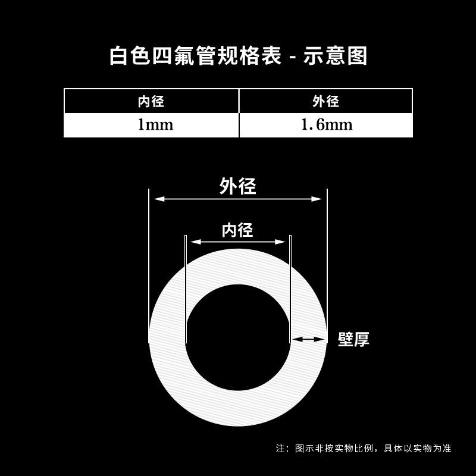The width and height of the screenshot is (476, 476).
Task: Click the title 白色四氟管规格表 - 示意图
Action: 238,55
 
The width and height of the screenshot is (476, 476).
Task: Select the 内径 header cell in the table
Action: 151,101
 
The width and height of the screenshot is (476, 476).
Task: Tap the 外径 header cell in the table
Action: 325,101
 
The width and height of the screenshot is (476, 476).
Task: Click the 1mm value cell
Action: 151,125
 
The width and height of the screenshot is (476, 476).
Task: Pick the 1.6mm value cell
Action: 325,125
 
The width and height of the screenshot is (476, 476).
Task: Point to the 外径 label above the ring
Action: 237,186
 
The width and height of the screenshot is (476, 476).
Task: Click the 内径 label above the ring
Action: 237,230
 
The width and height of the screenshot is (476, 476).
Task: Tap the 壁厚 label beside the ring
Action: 353,340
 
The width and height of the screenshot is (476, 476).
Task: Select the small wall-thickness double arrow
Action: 308,339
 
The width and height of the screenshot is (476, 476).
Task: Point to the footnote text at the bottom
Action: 364,448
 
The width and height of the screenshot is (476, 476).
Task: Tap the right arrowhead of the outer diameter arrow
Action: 319,200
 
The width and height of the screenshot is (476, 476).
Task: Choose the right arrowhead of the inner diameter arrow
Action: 283,242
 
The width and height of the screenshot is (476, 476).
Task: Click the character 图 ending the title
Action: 357,55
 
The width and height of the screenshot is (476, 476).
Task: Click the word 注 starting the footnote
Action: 280,448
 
